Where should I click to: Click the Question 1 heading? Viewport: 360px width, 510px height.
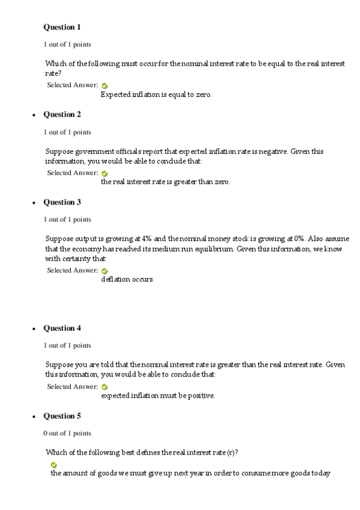[62, 27]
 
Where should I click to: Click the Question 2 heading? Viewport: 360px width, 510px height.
[62, 114]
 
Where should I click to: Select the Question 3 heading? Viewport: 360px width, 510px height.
[62, 202]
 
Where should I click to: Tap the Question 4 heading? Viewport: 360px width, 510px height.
[62, 328]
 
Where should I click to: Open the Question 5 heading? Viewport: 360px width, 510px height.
[62, 416]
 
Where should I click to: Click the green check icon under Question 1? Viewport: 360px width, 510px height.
[105, 85]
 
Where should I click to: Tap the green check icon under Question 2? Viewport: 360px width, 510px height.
[105, 173]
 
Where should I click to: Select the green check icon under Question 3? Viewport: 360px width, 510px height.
[105, 271]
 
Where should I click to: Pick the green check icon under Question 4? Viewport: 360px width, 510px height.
[105, 387]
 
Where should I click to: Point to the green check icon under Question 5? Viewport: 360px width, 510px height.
[54, 465]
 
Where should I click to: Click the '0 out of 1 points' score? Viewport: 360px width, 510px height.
[67, 433]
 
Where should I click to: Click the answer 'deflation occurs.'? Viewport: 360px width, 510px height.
[127, 280]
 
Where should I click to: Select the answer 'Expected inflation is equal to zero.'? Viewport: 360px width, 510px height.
[156, 94]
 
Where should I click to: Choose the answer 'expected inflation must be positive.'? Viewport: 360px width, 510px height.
[158, 396]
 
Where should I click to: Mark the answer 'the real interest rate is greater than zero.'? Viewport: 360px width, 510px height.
[165, 182]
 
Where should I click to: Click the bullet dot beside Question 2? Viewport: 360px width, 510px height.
[33, 115]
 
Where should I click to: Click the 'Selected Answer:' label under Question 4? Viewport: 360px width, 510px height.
[72, 386]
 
